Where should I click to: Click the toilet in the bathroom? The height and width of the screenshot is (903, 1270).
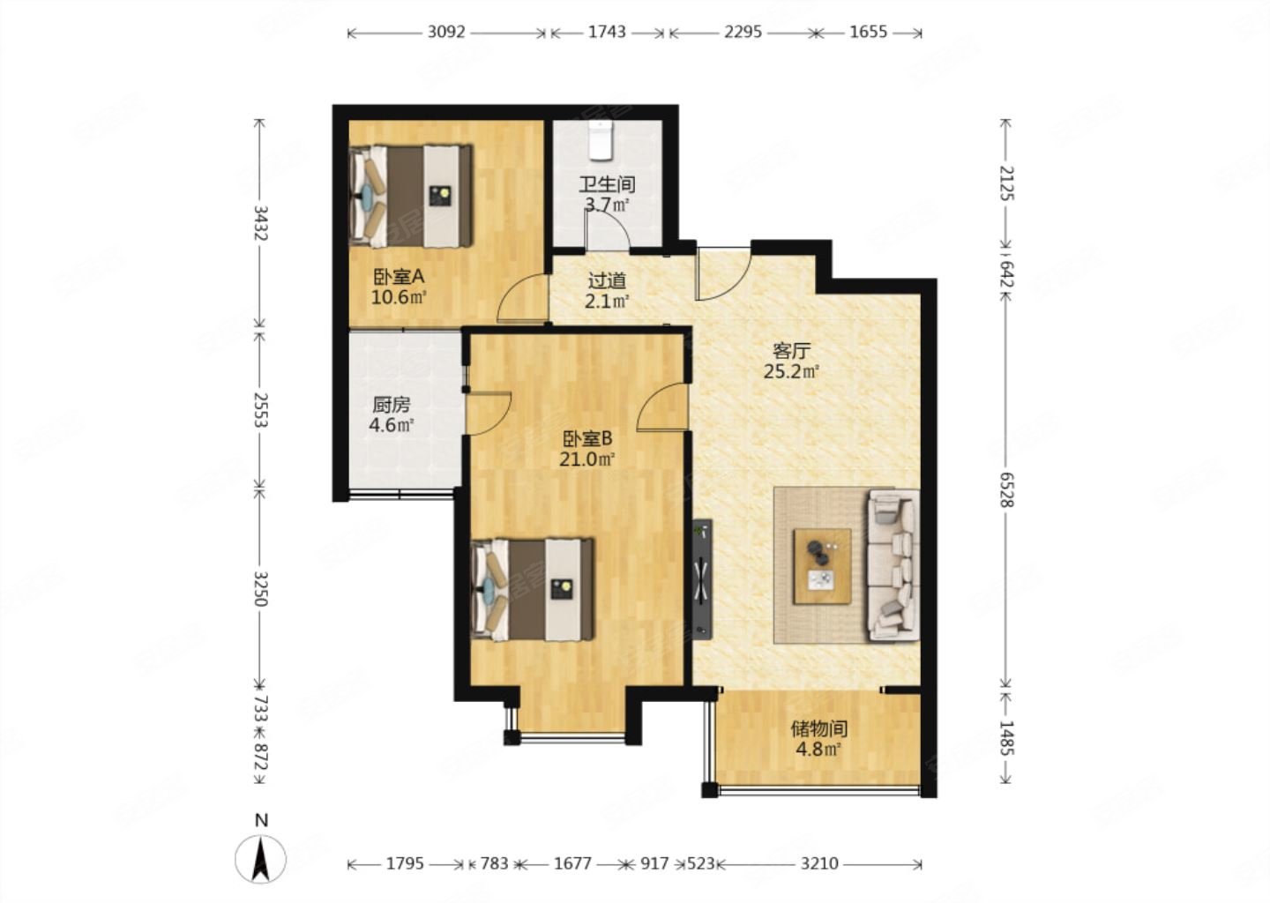600,140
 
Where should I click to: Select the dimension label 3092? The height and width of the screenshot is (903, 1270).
446,33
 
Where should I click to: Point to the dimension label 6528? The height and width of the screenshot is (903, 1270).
1005,489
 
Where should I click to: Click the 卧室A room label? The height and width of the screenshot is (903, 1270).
399,277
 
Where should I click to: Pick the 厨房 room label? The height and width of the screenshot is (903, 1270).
392,405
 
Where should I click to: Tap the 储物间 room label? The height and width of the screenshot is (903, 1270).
819,728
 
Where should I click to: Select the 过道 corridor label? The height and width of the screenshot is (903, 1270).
607,280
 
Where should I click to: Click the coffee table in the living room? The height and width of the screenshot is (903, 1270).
822,566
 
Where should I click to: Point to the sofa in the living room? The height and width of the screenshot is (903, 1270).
893,566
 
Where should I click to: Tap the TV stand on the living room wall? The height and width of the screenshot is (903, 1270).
702,578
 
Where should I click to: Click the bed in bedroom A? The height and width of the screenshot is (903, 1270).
411,196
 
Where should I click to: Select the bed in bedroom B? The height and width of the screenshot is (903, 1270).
533,590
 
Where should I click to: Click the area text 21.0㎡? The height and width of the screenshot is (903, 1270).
587,459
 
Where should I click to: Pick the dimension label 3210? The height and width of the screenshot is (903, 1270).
819,863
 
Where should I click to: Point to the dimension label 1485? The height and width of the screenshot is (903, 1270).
1005,738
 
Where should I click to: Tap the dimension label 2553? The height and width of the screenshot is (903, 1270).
261,410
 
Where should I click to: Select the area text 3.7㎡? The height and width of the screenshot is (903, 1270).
607,205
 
